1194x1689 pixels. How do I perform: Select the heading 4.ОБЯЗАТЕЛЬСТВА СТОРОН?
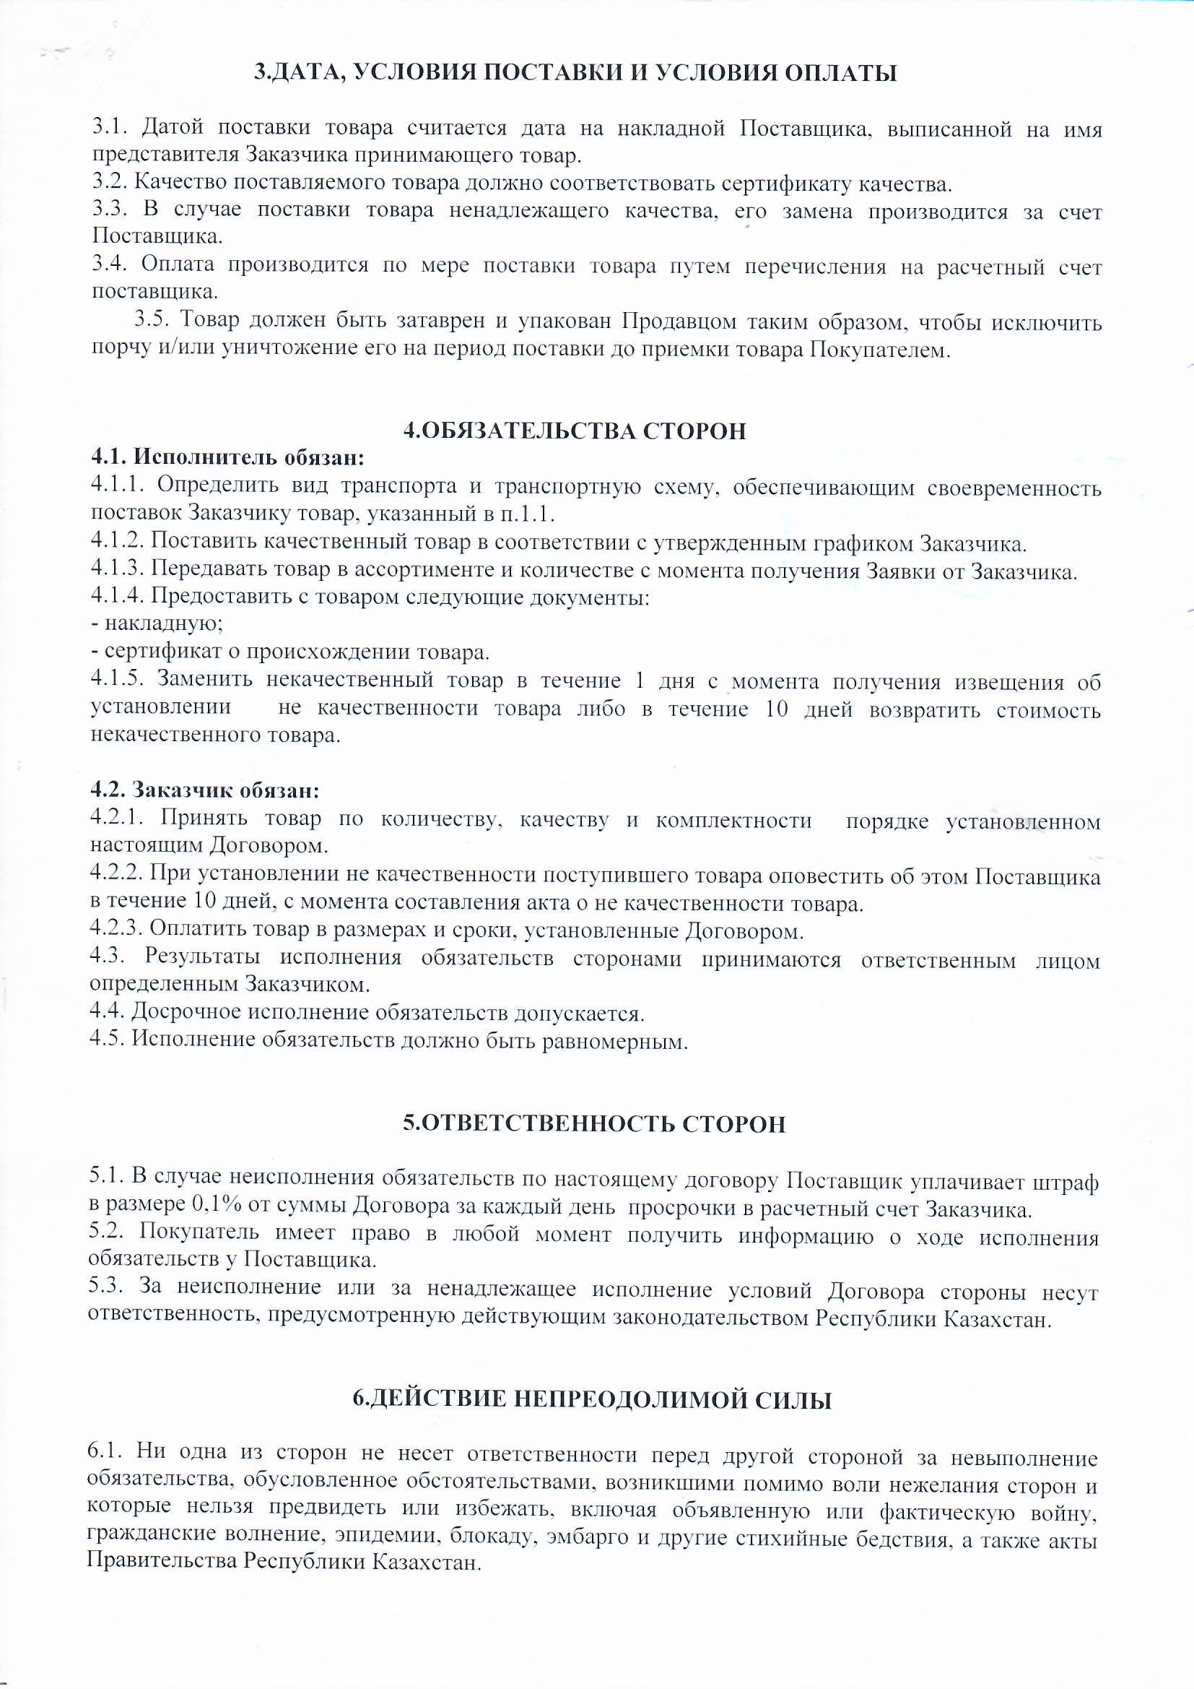pyautogui.click(x=575, y=431)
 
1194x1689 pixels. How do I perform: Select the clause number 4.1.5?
pyautogui.click(x=118, y=681)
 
